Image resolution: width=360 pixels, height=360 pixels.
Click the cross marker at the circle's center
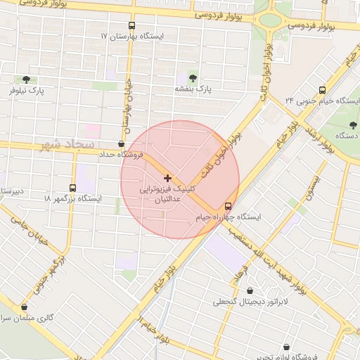pyautogui.click(x=167, y=178)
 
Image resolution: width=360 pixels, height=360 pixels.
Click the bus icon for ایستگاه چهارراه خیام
pyautogui.click(x=228, y=207)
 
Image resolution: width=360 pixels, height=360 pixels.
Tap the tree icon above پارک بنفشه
pyautogui.click(x=193, y=78)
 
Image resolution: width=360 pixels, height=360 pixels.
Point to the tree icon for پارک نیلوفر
pyautogui.click(x=27, y=79)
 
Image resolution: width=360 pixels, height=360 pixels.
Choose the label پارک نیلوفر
pyautogui.click(x=27, y=91)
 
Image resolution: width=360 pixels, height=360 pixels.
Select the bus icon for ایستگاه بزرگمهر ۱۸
pyautogui.click(x=73, y=188)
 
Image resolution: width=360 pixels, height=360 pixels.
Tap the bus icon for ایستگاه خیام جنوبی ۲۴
pyautogui.click(x=322, y=90)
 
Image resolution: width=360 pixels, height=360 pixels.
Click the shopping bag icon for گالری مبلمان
pyautogui.click(x=25, y=307)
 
